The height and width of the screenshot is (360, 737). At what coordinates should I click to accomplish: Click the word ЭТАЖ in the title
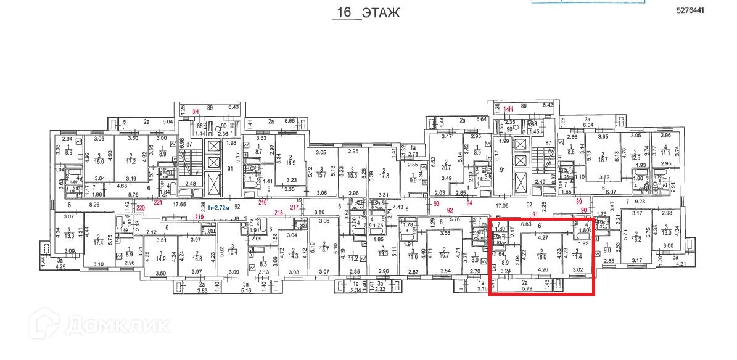click(x=381, y=13)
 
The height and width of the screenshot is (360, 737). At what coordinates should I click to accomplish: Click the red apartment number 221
click(x=158, y=202)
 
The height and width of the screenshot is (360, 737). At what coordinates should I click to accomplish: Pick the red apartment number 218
click(x=278, y=213)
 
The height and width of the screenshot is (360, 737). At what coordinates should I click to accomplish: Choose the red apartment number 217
click(x=295, y=207)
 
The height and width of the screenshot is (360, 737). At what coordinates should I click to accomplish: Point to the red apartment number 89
click(x=578, y=201)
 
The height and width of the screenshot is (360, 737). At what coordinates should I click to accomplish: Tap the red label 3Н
click(x=196, y=112)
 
